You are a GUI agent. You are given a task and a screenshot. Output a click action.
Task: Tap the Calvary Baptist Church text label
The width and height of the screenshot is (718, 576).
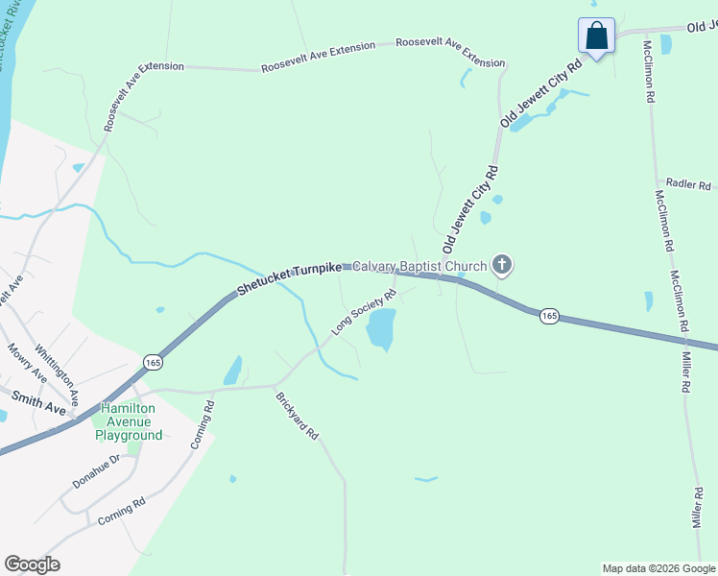tap(420, 266)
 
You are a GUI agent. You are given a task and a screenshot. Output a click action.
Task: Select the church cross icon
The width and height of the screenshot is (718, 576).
tap(501, 264)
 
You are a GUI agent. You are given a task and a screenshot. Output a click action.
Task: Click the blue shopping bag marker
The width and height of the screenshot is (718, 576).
tap(596, 36)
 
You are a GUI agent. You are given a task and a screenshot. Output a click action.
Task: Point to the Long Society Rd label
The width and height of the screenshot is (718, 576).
tap(364, 312)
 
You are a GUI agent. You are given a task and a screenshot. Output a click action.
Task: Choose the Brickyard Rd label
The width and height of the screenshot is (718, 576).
tap(296, 416)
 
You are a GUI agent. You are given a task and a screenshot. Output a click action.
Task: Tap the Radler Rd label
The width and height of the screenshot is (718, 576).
tap(688, 184)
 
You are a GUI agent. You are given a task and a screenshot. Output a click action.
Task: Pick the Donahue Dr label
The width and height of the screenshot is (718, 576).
tap(100, 470)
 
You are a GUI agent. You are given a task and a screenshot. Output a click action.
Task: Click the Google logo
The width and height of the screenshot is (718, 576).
tap(32, 564)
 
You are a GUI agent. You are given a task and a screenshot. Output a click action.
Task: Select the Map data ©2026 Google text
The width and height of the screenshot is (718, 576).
tap(658, 568)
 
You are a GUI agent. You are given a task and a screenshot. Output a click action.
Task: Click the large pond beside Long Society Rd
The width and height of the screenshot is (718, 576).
tap(381, 329)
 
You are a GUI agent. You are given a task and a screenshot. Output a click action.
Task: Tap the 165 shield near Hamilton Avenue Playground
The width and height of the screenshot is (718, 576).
tap(153, 361)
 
